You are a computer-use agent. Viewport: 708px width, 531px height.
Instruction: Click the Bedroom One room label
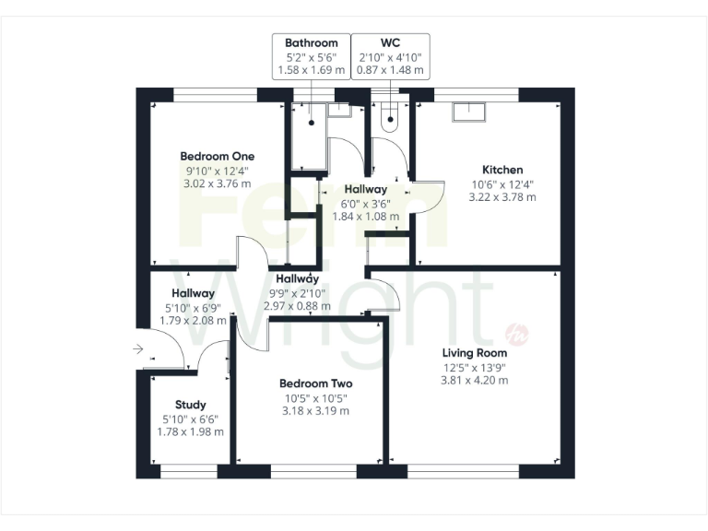[217, 156]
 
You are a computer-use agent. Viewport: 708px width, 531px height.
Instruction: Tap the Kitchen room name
[502, 170]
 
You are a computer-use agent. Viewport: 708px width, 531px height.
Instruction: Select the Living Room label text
[475, 352]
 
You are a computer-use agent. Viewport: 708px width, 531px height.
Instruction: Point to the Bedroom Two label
[316, 383]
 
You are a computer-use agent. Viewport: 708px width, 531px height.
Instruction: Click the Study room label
[191, 405]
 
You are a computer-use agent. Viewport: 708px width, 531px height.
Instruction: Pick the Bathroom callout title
[311, 42]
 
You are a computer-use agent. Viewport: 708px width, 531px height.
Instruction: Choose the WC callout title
[389, 42]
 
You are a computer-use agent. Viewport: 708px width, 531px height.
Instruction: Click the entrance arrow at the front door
[138, 349]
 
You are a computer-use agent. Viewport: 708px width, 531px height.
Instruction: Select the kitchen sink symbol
[470, 112]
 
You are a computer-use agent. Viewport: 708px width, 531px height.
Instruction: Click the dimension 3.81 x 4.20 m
[475, 380]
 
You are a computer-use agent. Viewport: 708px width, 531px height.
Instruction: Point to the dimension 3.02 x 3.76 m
[217, 183]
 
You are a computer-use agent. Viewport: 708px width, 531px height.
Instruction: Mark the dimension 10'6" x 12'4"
[502, 183]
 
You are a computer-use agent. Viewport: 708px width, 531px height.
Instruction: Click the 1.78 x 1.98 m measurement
[191, 431]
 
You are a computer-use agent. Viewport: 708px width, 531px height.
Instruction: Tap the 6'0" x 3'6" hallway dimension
[366, 204]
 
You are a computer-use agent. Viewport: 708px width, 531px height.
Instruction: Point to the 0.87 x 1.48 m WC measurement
[389, 69]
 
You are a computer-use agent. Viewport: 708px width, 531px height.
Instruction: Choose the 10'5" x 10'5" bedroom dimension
[316, 398]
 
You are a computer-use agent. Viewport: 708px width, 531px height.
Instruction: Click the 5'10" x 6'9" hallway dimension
[192, 308]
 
